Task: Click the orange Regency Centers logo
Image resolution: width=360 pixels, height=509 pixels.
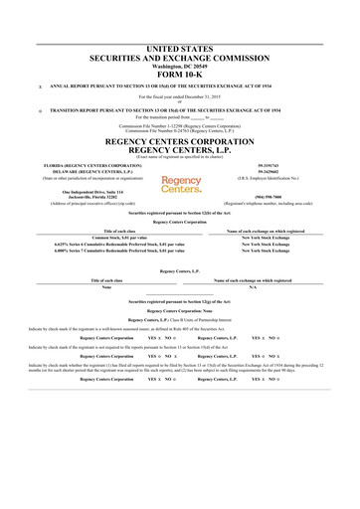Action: point(180,185)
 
